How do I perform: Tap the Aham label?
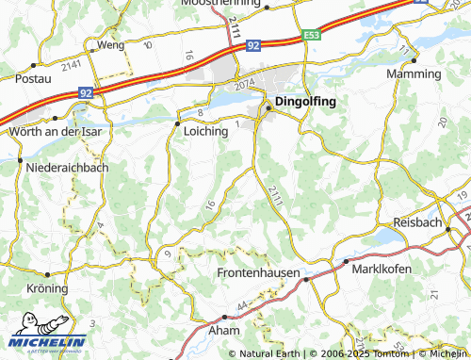tap(224, 332)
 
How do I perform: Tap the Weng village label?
tap(110, 45)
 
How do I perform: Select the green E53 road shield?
tap(312, 35)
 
